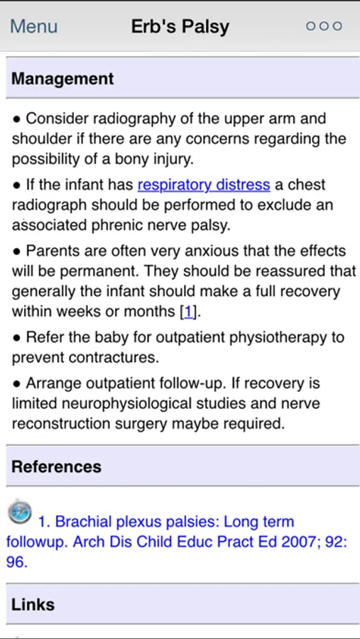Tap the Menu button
coord(33,27)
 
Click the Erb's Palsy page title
coord(180,27)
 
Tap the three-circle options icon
coord(324,26)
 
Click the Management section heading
coord(62,79)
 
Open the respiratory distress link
coord(204,185)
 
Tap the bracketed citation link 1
coord(188,311)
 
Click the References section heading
coord(57,466)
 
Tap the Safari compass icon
coord(20,511)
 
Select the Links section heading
coord(33,604)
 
